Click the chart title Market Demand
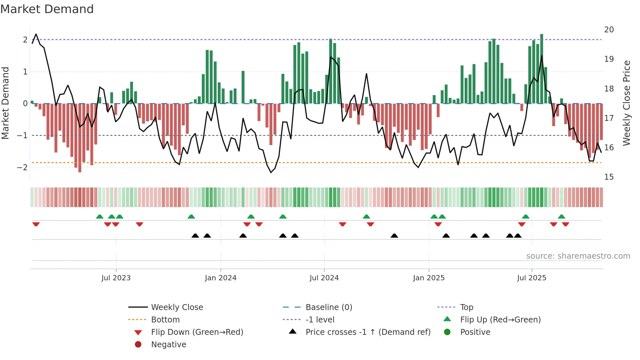[47, 9]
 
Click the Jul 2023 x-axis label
[116, 278]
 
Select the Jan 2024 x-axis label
[220, 278]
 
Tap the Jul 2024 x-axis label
[324, 278]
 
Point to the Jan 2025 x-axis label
[428, 278]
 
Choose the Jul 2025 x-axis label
[532, 278]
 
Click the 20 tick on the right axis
[609, 30]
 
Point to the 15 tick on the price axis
[609, 177]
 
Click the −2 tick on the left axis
[22, 167]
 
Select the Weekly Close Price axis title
[626, 103]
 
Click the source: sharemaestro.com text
[578, 256]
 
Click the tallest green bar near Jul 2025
[542, 69]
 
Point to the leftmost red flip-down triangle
[36, 224]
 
